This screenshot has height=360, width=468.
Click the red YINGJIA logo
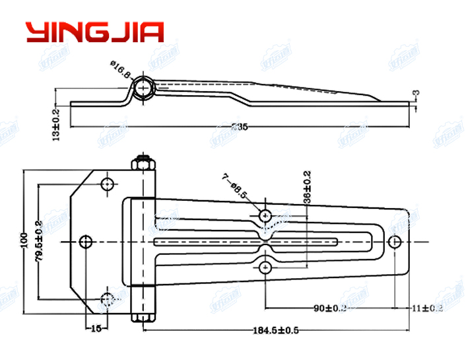coord(94,32)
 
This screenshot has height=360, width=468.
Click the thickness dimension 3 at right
coord(416,95)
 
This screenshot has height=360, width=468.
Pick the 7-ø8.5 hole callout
coord(234,186)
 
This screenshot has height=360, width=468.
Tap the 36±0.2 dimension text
coord(307,186)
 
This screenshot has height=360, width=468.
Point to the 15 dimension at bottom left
coord(96,328)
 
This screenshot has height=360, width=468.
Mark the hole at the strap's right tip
coord(395,242)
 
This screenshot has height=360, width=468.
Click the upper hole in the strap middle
coord(265,215)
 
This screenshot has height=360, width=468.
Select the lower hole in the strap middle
coord(265,267)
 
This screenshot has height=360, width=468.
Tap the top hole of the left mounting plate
coord(108,183)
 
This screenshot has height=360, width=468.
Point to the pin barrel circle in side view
coord(143,90)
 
